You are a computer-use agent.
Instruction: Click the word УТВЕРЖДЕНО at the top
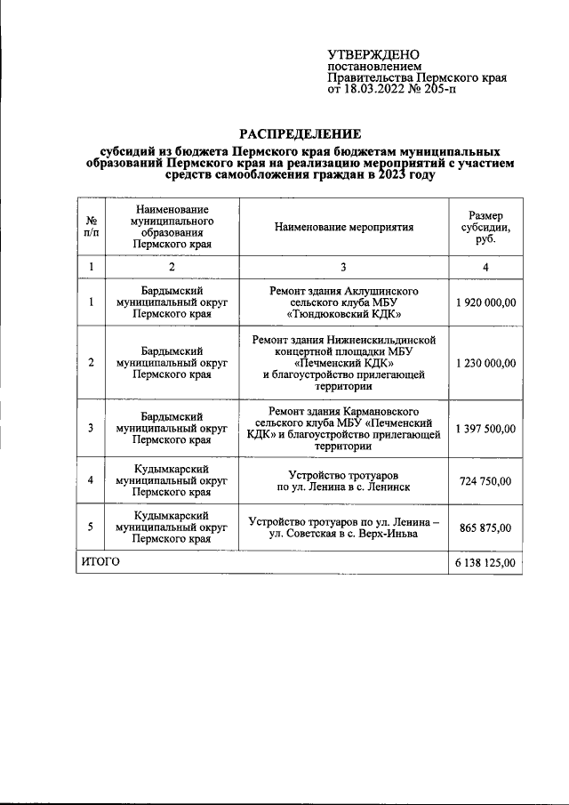click(373, 55)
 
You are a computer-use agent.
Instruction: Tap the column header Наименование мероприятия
click(345, 227)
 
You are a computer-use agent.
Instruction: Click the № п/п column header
click(91, 227)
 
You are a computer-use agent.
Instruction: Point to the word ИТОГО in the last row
click(100, 563)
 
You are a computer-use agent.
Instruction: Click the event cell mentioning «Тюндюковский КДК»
click(345, 302)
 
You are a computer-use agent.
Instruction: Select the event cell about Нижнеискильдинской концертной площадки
click(345, 363)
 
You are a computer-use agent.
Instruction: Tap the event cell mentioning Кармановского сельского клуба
click(345, 429)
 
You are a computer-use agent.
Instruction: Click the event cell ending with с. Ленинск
click(345, 481)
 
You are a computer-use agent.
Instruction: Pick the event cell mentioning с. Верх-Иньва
click(345, 527)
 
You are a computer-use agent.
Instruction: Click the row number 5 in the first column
click(91, 527)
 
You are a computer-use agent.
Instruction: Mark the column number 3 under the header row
click(345, 267)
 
